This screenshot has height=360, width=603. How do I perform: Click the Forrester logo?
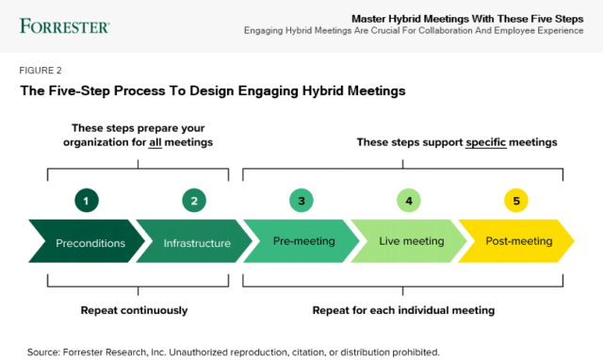63,25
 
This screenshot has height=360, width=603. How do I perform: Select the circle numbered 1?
87,200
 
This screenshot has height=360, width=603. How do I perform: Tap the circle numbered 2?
194,200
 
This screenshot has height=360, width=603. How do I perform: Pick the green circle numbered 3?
301,200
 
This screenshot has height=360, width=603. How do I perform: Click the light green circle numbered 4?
409,200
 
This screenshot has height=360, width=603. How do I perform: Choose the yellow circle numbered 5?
516,200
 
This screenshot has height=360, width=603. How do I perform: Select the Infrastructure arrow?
196,242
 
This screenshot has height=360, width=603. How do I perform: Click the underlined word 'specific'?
488,142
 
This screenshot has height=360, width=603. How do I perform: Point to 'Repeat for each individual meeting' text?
404,310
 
